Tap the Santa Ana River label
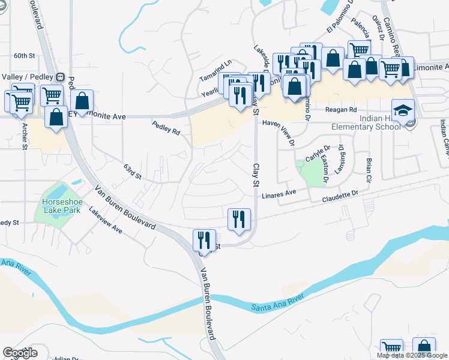tap(274, 305)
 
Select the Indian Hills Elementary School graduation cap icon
tap(403, 110)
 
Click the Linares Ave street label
tap(279, 194)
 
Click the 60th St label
tap(26, 55)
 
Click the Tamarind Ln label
tap(216, 70)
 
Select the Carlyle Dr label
tap(318, 153)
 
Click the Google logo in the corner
tap(20, 353)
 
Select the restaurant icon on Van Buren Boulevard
tap(204, 241)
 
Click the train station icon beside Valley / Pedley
tap(60, 77)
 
